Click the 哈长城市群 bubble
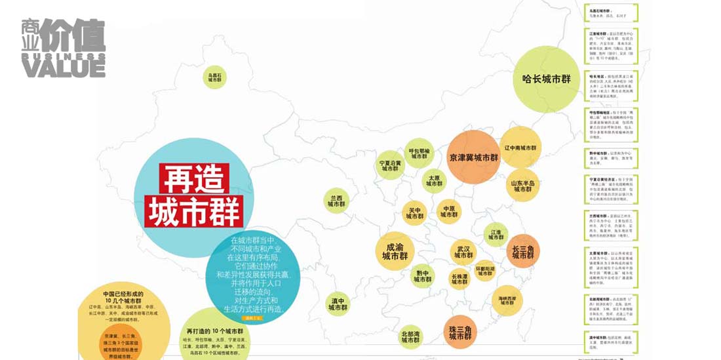[x=547, y=79]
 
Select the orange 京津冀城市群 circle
[x=474, y=158]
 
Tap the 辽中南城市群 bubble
[x=520, y=148]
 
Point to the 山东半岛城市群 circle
[x=522, y=186]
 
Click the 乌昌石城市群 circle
[x=215, y=77]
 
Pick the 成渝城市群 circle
[x=395, y=252]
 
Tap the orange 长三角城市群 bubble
[x=523, y=252]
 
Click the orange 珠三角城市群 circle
[x=461, y=332]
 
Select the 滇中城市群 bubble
[x=338, y=304]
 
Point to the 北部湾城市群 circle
[x=411, y=336]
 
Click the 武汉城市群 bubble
[x=463, y=252]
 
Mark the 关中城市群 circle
[x=415, y=213]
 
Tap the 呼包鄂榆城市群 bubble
[x=419, y=153]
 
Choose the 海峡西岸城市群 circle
[x=507, y=301]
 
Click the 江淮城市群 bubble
[x=496, y=234]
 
